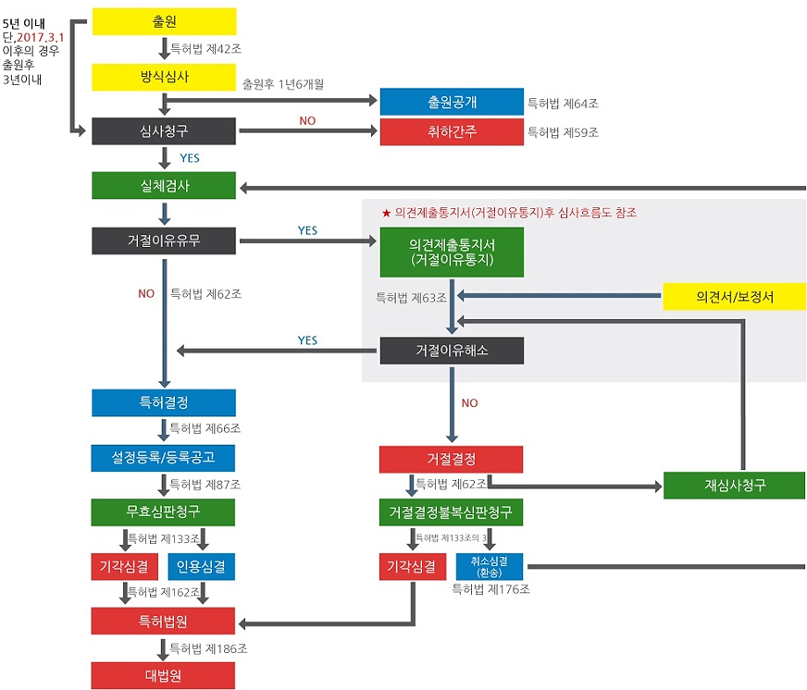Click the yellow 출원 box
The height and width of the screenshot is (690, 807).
click(164, 21)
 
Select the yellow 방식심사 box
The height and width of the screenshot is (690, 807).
click(164, 77)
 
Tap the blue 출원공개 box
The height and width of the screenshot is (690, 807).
click(452, 102)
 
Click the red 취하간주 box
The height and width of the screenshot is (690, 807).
click(452, 131)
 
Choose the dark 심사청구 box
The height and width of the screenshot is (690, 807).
click(164, 131)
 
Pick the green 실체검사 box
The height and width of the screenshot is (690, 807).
click(164, 185)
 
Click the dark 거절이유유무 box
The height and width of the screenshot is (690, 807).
click(164, 240)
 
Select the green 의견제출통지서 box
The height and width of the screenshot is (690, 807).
click(452, 253)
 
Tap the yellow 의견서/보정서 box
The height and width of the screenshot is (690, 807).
click(735, 296)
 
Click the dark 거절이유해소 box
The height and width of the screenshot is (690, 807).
click(452, 351)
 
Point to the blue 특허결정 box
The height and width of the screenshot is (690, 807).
click(164, 403)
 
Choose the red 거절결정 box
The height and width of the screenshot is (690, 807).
click(451, 460)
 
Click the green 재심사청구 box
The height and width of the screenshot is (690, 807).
click(735, 486)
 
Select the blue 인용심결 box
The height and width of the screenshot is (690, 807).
click(201, 566)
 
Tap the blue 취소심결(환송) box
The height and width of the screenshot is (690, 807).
click(489, 566)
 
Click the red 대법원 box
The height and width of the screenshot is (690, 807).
click(163, 675)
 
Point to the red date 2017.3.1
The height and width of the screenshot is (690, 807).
click(40, 38)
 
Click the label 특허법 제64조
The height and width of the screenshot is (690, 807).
click(563, 104)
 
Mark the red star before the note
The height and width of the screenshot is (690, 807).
click(386, 213)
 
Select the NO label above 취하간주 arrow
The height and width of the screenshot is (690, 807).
click(307, 121)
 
